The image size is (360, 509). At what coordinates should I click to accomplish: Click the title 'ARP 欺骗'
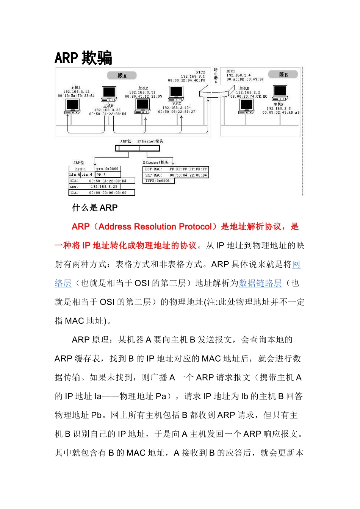pos(83,58)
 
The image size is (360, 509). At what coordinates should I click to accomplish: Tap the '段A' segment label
pos(122,75)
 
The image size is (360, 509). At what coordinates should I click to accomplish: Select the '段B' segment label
pos(283,75)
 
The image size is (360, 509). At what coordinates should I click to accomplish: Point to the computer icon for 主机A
pos(72,106)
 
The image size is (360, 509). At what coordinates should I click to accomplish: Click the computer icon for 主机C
pos(143,106)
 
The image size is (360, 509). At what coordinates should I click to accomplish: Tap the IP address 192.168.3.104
pos(177,108)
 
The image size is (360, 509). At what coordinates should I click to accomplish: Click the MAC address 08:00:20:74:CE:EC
pos(249,97)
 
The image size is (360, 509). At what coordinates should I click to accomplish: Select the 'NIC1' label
pos(230,71)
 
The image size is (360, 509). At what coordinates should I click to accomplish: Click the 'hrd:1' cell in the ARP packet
pos(81,169)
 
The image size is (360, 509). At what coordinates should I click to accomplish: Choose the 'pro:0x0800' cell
pos(108,169)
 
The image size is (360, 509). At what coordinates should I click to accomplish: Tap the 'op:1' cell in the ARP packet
pos(108,175)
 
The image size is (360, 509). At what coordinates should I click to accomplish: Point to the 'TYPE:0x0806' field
pos(158,181)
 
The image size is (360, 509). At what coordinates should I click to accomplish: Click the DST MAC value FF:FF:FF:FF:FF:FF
pos(188,169)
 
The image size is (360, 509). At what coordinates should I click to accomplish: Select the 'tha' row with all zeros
pos(102,193)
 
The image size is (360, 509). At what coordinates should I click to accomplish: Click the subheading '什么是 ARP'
pos(95,208)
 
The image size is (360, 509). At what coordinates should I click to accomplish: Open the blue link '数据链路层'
pos(260,283)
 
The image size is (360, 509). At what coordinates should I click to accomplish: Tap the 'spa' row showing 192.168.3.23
pos(95,187)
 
